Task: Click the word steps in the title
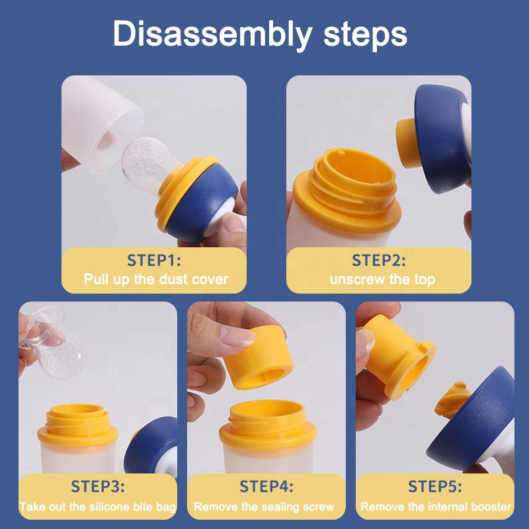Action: (x=366, y=35)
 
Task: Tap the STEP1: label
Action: (x=154, y=261)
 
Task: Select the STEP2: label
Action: (x=378, y=261)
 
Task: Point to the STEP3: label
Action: (x=97, y=487)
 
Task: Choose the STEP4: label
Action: (x=266, y=487)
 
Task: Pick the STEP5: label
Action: (x=435, y=487)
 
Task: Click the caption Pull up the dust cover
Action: (x=156, y=279)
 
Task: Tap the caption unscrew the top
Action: (x=382, y=280)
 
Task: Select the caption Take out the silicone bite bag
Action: (x=98, y=507)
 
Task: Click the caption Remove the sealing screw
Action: (x=264, y=507)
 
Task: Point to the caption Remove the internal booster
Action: (x=436, y=507)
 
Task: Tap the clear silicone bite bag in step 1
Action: (x=148, y=163)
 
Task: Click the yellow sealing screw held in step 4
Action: (x=257, y=358)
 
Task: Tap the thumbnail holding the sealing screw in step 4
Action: (x=238, y=336)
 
